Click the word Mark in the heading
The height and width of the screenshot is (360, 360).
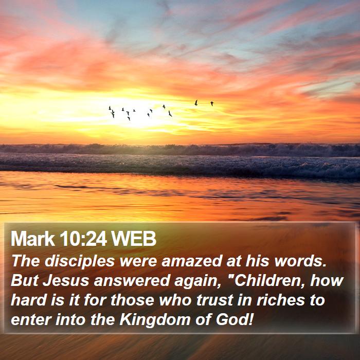click(x=32, y=239)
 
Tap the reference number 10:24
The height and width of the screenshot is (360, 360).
click(x=83, y=239)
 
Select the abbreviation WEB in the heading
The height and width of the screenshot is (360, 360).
click(x=134, y=239)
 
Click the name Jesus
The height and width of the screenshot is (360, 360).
click(x=66, y=281)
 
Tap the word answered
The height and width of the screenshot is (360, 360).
click(x=132, y=281)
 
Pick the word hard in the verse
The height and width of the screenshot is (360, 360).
click(x=28, y=300)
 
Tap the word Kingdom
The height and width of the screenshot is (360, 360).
click(x=155, y=320)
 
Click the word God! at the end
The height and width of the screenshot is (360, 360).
click(x=235, y=319)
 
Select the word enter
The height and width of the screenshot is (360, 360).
click(x=31, y=320)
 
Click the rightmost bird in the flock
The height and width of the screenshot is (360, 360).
click(x=212, y=103)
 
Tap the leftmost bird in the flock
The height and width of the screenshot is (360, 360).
click(x=110, y=108)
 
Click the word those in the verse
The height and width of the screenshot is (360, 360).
click(x=132, y=300)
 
